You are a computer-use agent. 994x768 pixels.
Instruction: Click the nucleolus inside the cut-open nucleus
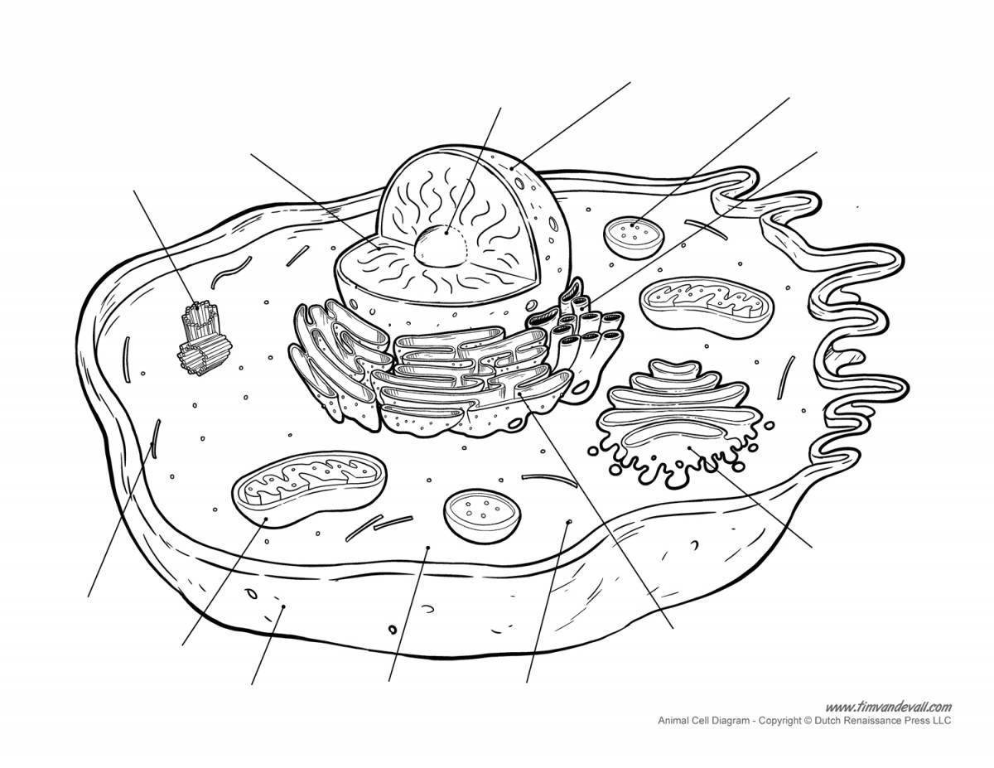click(442, 246)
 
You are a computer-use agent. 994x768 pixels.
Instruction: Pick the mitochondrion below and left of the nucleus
click(309, 489)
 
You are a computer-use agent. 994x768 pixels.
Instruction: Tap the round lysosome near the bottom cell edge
click(482, 515)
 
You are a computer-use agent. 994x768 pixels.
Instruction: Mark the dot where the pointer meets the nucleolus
click(446, 233)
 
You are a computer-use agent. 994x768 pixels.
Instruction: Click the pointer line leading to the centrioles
click(166, 249)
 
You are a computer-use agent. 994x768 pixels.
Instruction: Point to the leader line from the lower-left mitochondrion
click(224, 582)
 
